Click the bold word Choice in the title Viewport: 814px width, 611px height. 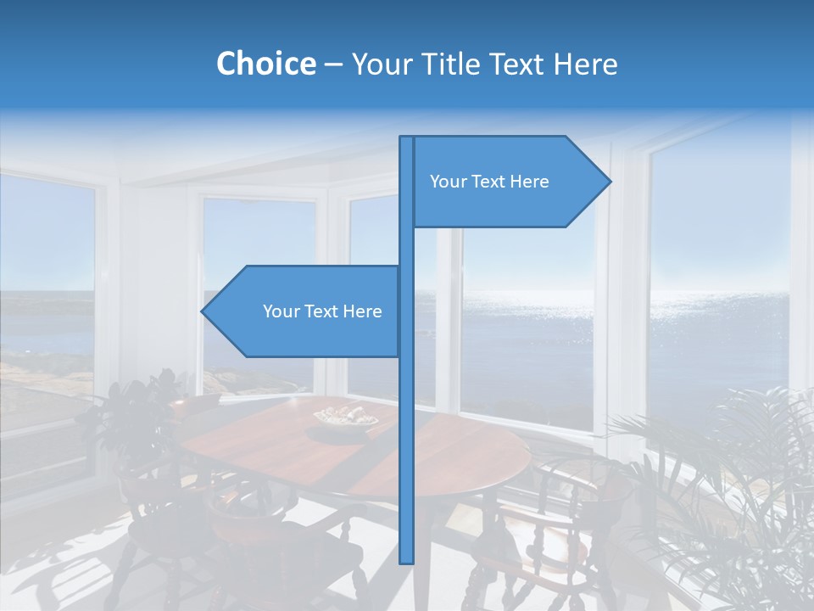(x=265, y=64)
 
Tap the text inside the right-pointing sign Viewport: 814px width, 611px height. (x=489, y=182)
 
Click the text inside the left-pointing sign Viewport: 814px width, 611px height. (x=322, y=311)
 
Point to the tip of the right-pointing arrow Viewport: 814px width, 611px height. (x=610, y=182)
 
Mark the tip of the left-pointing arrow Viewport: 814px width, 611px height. (x=203, y=311)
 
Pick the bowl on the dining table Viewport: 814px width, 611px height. (x=346, y=418)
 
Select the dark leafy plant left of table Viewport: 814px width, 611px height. (x=136, y=416)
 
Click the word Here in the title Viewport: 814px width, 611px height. (x=585, y=64)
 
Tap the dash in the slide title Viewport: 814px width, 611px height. (x=333, y=64)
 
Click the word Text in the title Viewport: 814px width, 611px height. (x=517, y=64)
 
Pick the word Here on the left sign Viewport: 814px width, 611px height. (x=362, y=311)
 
